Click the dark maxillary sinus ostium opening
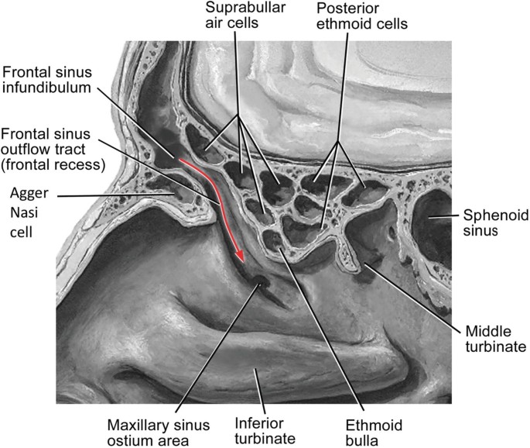262,281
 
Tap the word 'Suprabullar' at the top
245,9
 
